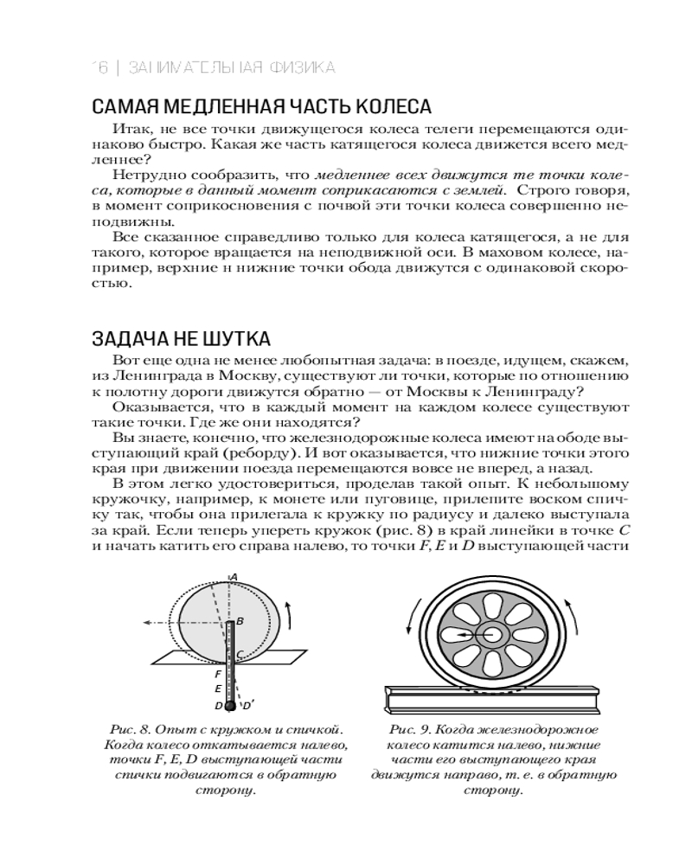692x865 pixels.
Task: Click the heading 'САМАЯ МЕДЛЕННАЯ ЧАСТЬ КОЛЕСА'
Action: pos(260,107)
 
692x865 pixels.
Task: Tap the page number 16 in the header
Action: pos(99,67)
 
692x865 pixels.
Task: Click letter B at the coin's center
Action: pos(240,620)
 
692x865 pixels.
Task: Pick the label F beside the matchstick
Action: pos(219,673)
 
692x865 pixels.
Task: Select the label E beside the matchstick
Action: pos(219,689)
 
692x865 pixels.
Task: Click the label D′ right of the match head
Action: pos(248,705)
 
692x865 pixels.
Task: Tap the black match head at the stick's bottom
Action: pos(231,706)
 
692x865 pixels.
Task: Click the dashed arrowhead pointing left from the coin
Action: pos(147,622)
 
